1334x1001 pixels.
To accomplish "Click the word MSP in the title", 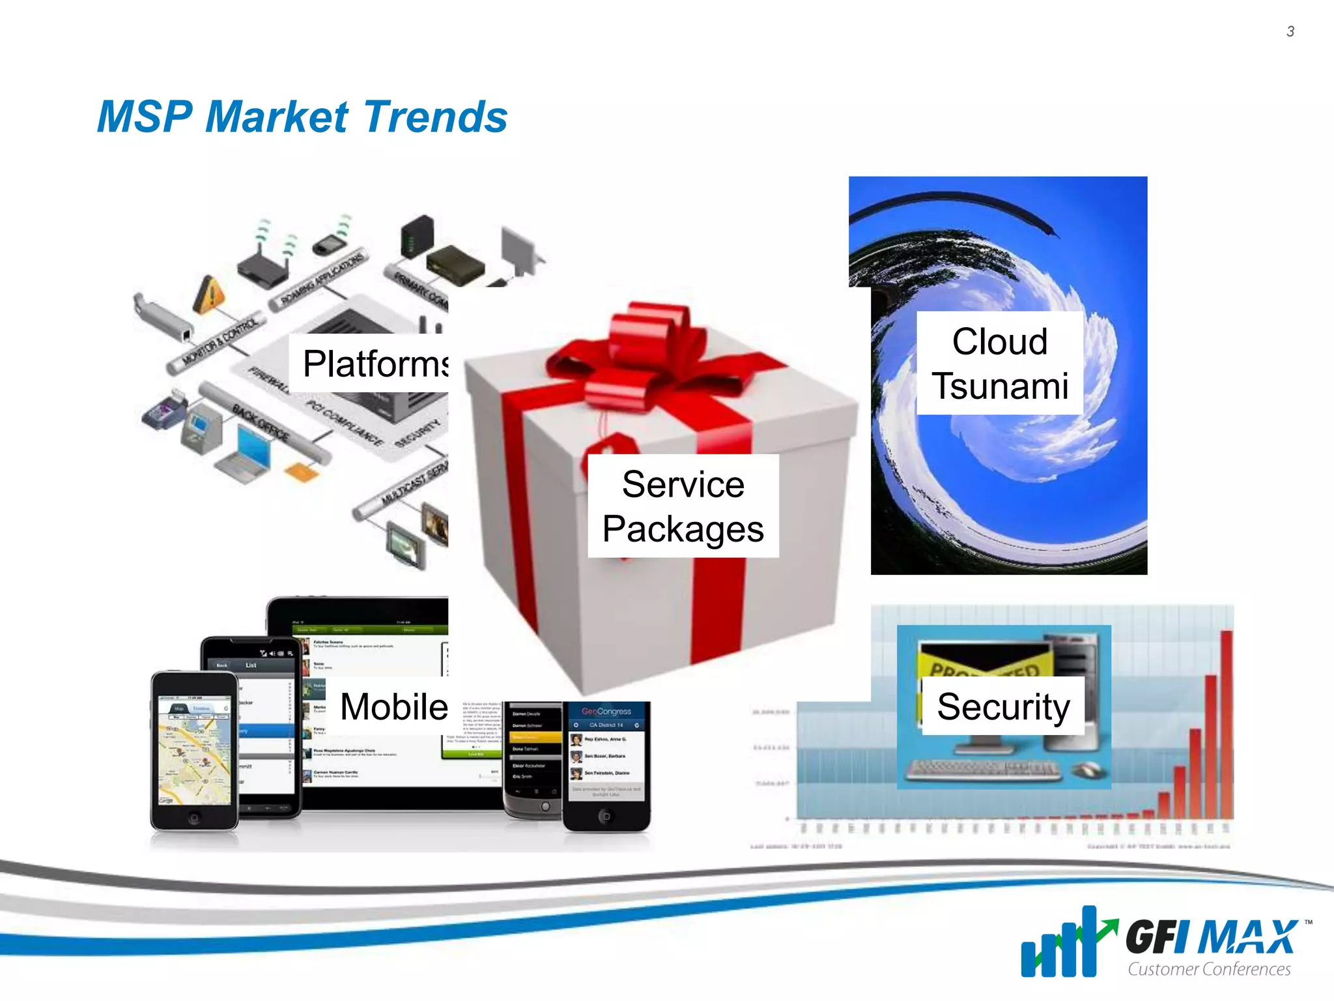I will pos(145,117).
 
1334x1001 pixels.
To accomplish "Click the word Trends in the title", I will pos(435,117).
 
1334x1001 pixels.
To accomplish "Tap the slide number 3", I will pos(1290,31).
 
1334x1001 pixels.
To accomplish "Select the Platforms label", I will pos(375,364).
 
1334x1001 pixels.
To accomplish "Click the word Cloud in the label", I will pos(999,341).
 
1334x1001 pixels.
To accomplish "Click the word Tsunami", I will pos(999,386).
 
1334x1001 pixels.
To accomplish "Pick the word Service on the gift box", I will pos(683,484).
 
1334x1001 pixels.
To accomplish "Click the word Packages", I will pos(683,529).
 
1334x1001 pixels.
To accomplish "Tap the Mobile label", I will pos(393,707).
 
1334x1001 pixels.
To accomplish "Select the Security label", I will pos(1003,707).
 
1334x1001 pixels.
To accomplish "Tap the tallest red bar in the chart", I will pos(1226,723).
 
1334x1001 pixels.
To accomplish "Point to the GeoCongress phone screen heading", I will pos(606,711).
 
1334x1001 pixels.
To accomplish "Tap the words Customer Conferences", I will pos(1208,969).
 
